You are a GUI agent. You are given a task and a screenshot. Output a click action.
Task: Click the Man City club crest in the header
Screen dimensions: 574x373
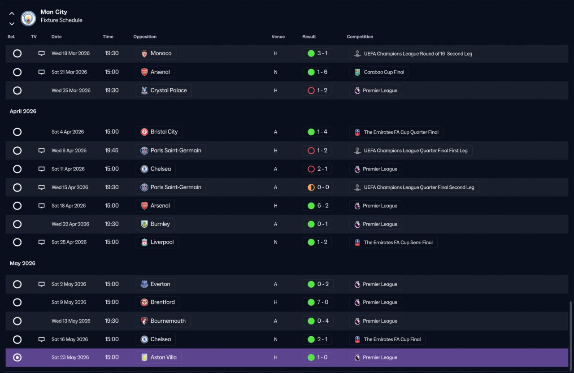[x=28, y=18]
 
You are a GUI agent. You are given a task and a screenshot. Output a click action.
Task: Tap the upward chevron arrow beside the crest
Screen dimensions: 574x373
[x=12, y=13]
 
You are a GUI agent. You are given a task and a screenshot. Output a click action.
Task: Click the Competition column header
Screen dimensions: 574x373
[x=360, y=37]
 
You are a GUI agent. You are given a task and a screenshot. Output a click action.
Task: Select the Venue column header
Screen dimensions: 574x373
[x=278, y=37]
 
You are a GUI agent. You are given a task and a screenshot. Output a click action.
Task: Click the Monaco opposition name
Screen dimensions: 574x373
[x=161, y=53]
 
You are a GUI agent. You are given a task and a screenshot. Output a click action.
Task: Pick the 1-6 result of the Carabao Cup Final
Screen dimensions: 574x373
[x=322, y=72]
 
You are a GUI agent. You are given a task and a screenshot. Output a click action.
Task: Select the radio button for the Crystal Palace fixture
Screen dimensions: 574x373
[x=17, y=91]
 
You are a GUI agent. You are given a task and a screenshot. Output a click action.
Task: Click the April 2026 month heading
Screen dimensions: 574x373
[x=23, y=111]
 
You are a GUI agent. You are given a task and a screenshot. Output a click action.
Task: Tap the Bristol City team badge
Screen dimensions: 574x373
[x=144, y=132]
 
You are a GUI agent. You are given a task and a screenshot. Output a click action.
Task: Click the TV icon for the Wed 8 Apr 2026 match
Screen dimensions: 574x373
[x=42, y=150]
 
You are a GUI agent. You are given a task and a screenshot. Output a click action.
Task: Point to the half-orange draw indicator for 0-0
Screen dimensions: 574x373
[x=311, y=187]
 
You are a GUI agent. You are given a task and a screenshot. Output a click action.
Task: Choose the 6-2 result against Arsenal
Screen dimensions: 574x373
[x=323, y=206]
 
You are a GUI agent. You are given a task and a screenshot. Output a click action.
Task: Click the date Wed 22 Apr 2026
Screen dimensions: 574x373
[x=70, y=224]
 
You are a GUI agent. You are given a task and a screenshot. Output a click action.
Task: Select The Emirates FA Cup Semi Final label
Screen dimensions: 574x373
[x=398, y=243]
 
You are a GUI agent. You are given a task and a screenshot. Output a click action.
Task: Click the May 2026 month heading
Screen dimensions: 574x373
[x=22, y=263]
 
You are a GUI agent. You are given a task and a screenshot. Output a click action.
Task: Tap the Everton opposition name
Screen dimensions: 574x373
[x=161, y=284]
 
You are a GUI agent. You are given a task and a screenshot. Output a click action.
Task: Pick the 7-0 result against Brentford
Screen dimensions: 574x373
[x=322, y=302]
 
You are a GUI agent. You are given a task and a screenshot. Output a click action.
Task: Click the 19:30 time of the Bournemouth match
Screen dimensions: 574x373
[x=112, y=321]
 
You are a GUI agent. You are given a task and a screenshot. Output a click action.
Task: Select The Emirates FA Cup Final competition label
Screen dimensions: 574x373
[x=392, y=339]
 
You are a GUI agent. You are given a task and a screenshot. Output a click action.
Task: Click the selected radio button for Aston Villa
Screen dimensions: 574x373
[x=17, y=357]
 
